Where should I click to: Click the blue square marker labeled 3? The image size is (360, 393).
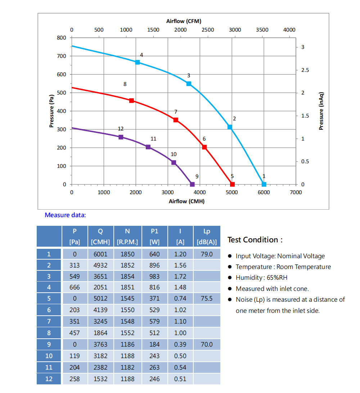pyautogui.click(x=189, y=84)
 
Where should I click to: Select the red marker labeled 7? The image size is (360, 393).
pyautogui.click(x=176, y=120)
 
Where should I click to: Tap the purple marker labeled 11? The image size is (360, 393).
pyautogui.click(x=148, y=147)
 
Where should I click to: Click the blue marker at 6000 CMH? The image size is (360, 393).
pyautogui.click(x=264, y=184)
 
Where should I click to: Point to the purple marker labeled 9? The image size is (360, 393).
pyautogui.click(x=192, y=184)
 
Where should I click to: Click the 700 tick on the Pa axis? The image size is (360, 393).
pyautogui.click(x=62, y=56)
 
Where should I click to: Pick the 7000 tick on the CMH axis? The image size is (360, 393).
pyautogui.click(x=296, y=192)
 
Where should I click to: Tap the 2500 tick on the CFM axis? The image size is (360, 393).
pyautogui.click(x=208, y=30)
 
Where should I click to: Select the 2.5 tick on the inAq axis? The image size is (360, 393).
pyautogui.click(x=305, y=70)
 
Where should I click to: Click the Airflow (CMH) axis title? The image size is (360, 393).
pyautogui.click(x=186, y=201)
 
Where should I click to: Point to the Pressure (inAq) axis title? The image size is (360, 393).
pyautogui.click(x=321, y=111)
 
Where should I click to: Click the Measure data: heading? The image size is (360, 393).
pyautogui.click(x=65, y=215)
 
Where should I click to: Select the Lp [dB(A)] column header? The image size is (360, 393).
pyautogui.click(x=207, y=236)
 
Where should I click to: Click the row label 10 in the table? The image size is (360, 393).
pyautogui.click(x=49, y=356)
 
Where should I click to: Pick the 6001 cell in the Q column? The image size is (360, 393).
pyautogui.click(x=100, y=254)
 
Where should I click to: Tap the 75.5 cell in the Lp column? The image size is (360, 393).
pyautogui.click(x=207, y=298)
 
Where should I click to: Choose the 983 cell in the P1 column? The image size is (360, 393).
pyautogui.click(x=154, y=277)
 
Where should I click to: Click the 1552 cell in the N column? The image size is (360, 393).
pyautogui.click(x=127, y=333)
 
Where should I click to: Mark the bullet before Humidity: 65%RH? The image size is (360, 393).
pyautogui.click(x=230, y=278)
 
